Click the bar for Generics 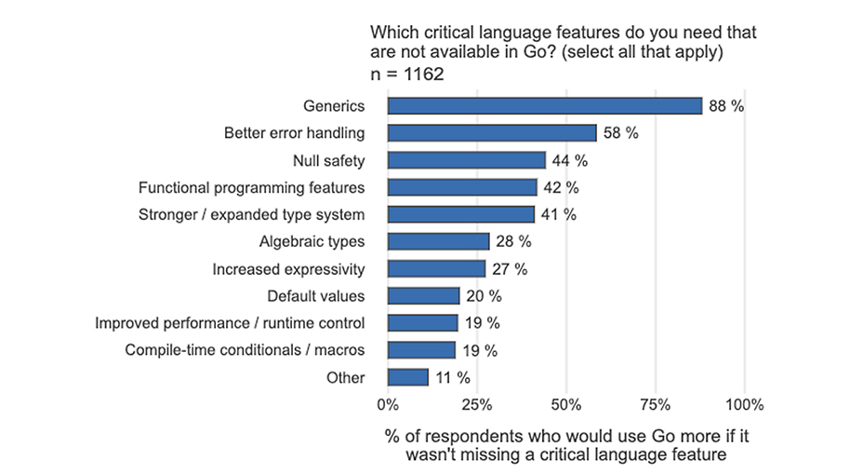544,106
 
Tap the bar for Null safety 466,160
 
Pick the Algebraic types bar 438,242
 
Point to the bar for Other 407,377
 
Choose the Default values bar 423,296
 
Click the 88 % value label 726,106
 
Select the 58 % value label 620,133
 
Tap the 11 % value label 452,377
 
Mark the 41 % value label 558,215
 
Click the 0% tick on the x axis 388,405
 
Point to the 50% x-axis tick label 566,405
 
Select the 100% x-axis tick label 744,405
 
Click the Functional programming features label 251,188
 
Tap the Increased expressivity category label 288,269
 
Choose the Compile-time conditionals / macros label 245,350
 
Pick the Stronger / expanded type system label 251,215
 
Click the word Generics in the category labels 334,106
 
